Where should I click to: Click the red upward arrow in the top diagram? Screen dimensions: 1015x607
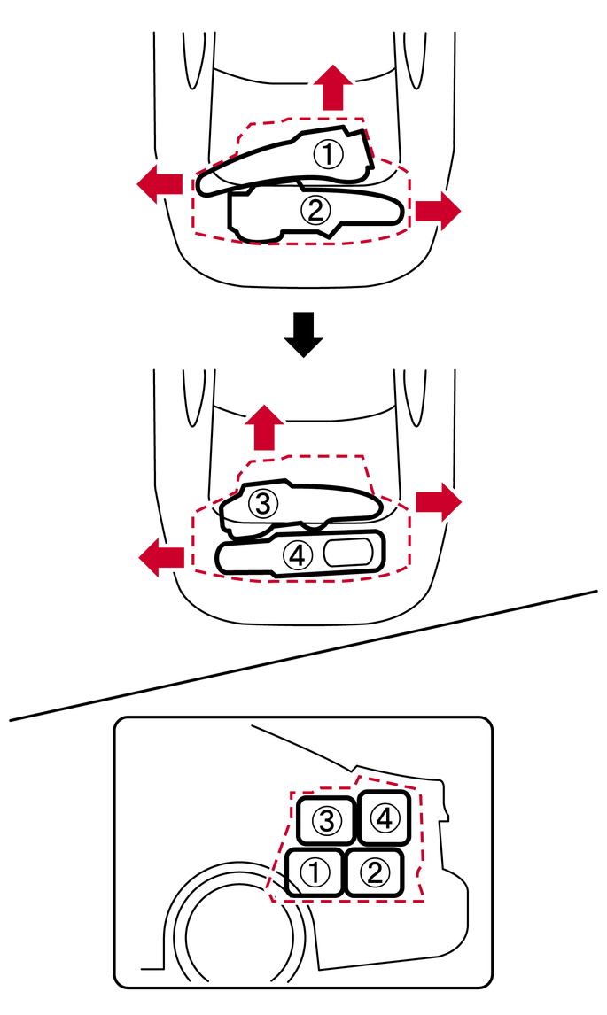coord(332,88)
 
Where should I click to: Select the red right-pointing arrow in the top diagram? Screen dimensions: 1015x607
coord(438,210)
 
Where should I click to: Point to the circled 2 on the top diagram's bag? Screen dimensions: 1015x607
coord(315,211)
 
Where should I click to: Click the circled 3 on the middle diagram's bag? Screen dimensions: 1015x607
coord(263,503)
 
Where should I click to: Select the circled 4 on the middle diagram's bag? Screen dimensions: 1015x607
coord(297,555)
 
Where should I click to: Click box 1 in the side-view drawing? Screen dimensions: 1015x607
coord(315,872)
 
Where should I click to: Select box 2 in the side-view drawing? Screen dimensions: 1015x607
coord(374,872)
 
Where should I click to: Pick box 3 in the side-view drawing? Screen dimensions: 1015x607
coord(325,820)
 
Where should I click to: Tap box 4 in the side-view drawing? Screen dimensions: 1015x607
coord(383,817)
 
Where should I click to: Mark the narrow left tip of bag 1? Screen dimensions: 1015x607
coord(206,183)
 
